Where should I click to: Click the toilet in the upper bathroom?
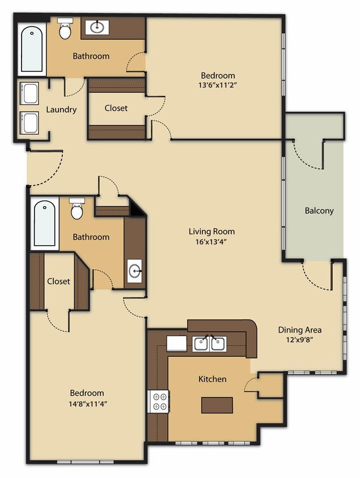tap(66, 29)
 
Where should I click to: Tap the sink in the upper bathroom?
tap(98, 26)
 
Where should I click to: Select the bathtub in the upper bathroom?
tap(32, 49)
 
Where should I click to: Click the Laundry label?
tap(61, 109)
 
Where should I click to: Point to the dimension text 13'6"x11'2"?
tap(218, 86)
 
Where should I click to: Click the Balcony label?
tap(319, 211)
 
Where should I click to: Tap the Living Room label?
tap(211, 231)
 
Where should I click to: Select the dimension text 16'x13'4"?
tap(211, 241)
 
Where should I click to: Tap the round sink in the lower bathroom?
tap(135, 271)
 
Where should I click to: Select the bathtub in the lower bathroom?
tap(44, 224)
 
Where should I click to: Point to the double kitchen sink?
tap(209, 343)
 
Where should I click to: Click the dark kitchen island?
tap(217, 405)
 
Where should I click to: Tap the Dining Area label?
tap(300, 330)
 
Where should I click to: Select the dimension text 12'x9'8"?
tap(300, 340)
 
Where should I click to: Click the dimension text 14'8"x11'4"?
tap(87, 403)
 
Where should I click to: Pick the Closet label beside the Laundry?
tap(116, 108)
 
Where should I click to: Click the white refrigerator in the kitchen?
tap(177, 344)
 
